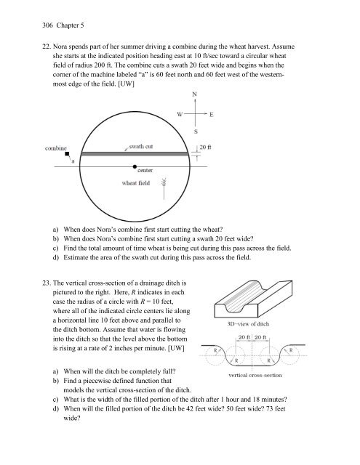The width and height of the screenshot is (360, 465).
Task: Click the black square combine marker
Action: pos(67,153)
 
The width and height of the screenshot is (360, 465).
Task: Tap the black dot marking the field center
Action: pos(135,166)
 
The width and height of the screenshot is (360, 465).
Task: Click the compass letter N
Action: pos(195,94)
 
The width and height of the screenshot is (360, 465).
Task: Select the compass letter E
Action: pos(212,114)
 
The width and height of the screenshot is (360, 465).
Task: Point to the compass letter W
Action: pos(180,114)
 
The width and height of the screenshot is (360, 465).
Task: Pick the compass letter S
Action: pos(196,132)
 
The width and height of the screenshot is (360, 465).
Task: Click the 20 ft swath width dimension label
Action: pos(205,147)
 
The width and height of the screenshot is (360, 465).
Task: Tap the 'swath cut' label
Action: pos(141,146)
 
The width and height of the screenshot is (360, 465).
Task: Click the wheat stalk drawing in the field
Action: pos(164,188)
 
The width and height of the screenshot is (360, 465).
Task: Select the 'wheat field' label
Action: pos(135,183)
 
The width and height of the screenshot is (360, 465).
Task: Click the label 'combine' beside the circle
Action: pos(56,148)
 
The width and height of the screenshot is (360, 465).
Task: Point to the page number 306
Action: pos(47,25)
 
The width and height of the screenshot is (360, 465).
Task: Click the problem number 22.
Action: pos(47,46)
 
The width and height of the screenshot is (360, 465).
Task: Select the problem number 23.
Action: pos(47,283)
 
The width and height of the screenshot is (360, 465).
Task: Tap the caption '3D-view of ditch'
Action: pos(248,324)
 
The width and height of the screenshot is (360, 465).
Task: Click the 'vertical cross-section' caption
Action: pos(255,375)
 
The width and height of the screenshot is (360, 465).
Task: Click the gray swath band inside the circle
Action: pos(135,154)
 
